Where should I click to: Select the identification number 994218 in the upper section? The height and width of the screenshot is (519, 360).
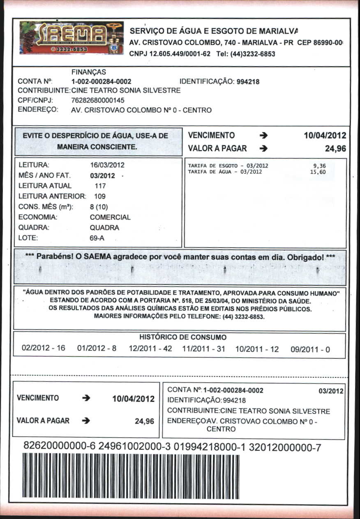[248, 82]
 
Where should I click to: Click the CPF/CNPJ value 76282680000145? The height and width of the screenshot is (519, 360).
[98, 100]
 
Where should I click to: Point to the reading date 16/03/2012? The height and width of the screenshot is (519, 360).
[107, 165]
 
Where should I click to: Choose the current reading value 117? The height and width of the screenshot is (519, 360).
[100, 186]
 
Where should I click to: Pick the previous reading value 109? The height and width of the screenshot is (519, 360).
[100, 196]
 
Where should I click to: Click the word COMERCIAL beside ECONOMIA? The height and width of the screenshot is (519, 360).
[110, 217]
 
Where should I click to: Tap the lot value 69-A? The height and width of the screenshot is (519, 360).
[97, 238]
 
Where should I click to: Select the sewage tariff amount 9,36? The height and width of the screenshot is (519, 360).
[319, 166]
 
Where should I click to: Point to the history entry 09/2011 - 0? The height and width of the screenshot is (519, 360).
[310, 349]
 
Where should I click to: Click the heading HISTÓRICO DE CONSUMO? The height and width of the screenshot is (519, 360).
[183, 338]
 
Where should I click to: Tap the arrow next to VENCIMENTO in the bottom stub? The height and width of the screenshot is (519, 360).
[86, 398]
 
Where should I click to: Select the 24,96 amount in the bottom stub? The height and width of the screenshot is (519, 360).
[145, 421]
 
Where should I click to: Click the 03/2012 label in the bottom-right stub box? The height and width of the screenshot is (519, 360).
[331, 391]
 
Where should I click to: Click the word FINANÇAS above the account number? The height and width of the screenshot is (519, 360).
[88, 72]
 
